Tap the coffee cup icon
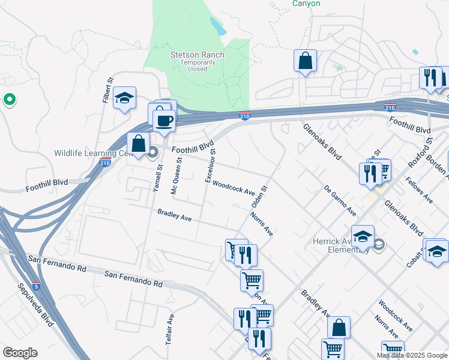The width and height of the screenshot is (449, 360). (164, 121)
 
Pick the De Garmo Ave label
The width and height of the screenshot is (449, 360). (340, 200)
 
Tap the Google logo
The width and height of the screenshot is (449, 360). (20, 353)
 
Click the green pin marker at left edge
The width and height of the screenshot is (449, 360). (10, 100)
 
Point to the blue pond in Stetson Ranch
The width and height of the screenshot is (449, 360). (217, 25)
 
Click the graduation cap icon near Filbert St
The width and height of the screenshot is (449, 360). (124, 98)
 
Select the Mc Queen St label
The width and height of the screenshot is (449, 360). (176, 170)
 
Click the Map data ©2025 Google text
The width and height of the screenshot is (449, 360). (412, 355)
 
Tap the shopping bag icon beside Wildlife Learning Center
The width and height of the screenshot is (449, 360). (138, 144)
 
